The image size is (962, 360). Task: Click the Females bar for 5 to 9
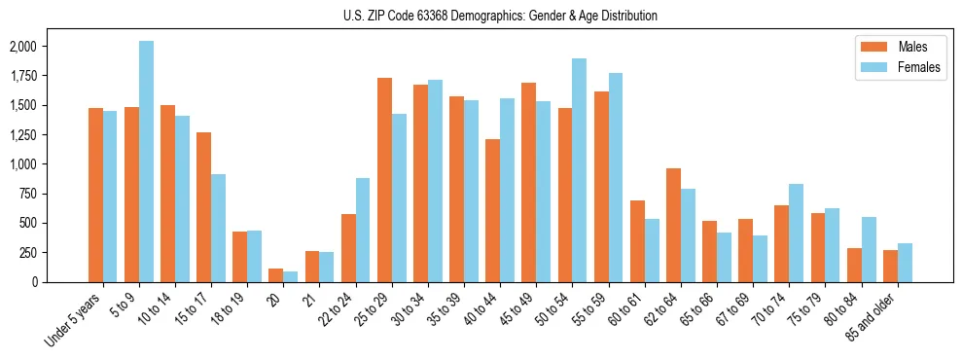click(x=146, y=162)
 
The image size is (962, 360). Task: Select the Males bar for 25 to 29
click(x=384, y=180)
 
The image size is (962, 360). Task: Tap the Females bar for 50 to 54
click(x=580, y=170)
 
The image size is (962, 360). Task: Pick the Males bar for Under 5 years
click(x=95, y=195)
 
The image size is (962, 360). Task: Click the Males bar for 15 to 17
click(x=204, y=207)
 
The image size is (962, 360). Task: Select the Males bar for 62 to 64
click(x=673, y=225)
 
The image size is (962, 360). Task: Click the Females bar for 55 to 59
click(x=616, y=177)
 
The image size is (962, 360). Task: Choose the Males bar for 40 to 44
click(x=493, y=210)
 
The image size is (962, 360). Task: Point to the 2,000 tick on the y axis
click(x=22, y=47)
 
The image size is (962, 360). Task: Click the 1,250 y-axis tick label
click(x=22, y=134)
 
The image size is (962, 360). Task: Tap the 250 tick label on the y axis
click(x=28, y=252)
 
